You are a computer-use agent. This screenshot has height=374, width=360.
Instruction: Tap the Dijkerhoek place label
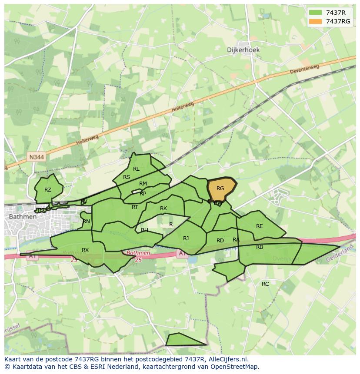click(x=243, y=50)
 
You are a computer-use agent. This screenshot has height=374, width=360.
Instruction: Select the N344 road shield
click(x=37, y=157)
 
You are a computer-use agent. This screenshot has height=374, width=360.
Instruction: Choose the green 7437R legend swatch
click(x=316, y=13)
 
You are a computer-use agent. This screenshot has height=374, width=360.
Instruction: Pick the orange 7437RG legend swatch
click(x=316, y=21)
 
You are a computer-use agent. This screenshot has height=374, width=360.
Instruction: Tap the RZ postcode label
click(x=48, y=190)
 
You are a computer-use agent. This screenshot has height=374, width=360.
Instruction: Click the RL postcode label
click(x=136, y=169)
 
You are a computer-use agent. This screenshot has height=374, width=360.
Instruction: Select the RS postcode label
click(x=127, y=177)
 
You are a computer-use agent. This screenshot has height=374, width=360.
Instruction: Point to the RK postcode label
click(x=163, y=209)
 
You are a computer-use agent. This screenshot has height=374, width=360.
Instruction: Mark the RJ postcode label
click(x=186, y=238)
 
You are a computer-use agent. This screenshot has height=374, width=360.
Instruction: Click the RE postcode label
click(x=260, y=226)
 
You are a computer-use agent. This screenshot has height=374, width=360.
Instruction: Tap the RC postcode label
click(x=265, y=284)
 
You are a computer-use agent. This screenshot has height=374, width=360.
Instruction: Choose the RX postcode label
click(x=85, y=250)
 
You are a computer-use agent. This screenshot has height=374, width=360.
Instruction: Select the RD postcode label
click(x=220, y=241)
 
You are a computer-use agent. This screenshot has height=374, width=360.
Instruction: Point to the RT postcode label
click(x=135, y=207)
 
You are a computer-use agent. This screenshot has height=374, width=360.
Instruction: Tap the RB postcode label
click(x=260, y=247)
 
